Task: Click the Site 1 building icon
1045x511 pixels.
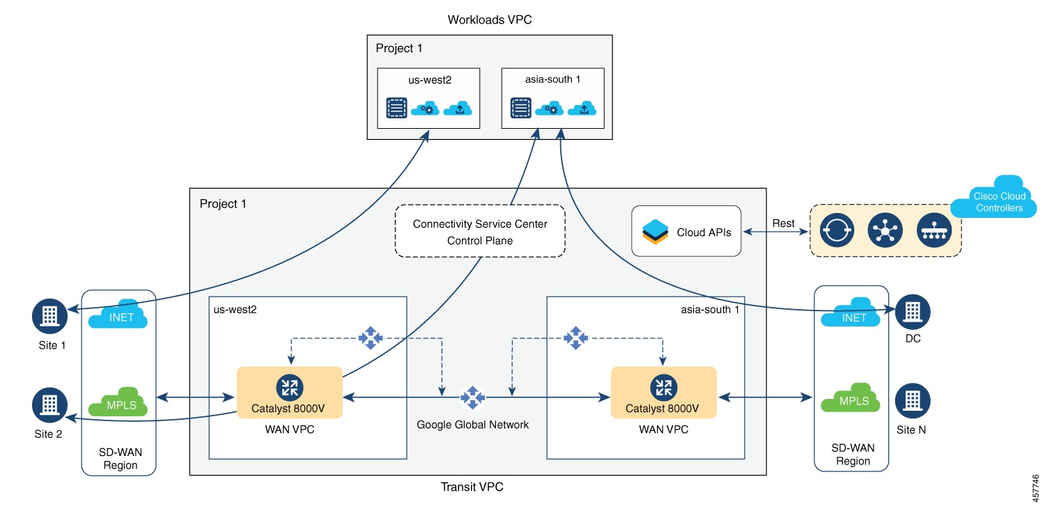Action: click(49, 317)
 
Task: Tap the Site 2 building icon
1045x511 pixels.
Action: click(49, 403)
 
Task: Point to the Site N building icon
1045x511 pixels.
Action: click(913, 400)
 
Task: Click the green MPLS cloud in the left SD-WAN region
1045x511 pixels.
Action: click(118, 402)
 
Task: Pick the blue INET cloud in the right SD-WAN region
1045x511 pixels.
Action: click(854, 315)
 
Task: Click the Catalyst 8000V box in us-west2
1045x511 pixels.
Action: click(289, 393)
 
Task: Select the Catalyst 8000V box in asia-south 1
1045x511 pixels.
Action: click(663, 393)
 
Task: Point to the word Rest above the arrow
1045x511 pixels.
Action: click(783, 223)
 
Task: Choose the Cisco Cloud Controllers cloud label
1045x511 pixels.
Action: click(998, 202)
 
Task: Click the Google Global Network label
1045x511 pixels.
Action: click(472, 424)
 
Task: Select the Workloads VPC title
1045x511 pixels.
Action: click(490, 20)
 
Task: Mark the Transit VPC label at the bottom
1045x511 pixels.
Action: click(472, 487)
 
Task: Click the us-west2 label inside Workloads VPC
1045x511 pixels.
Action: click(430, 80)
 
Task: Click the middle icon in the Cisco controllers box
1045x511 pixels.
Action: click(885, 230)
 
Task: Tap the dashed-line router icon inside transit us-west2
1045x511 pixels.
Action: click(371, 338)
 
